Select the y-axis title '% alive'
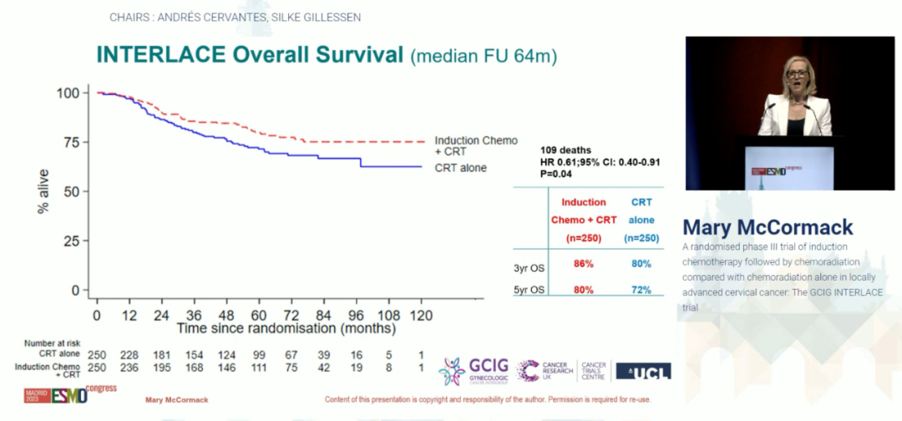(43, 191)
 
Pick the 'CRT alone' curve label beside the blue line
(460, 168)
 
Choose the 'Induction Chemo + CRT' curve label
(476, 146)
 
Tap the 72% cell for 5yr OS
(641, 290)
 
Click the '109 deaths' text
(567, 150)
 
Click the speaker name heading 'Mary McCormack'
(768, 227)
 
